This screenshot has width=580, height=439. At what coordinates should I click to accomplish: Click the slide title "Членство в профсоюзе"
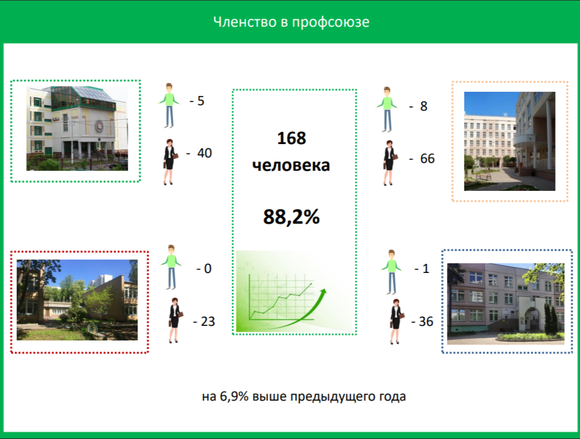click(x=291, y=22)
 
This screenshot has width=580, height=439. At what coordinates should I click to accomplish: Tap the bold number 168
click(x=291, y=138)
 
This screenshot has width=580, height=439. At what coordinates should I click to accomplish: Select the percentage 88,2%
click(x=291, y=216)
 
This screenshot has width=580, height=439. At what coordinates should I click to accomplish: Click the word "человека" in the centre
click(x=291, y=165)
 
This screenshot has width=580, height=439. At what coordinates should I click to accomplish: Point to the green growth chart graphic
click(x=294, y=291)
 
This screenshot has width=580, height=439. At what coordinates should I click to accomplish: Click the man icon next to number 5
click(x=169, y=105)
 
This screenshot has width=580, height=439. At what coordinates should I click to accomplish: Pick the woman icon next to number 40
click(x=170, y=162)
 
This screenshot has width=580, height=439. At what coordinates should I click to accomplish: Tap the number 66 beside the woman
click(x=427, y=159)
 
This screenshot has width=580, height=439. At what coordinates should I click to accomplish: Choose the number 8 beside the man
click(x=424, y=106)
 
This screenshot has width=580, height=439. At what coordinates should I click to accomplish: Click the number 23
click(x=208, y=322)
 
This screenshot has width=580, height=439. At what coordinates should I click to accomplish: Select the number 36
click(x=426, y=322)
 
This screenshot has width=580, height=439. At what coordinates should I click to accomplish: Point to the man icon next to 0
click(x=171, y=267)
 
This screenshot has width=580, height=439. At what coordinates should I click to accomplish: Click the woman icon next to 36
click(x=396, y=322)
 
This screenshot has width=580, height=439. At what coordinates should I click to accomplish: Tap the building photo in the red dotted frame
click(x=77, y=300)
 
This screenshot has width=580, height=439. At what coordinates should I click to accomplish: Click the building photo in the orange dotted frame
click(x=509, y=141)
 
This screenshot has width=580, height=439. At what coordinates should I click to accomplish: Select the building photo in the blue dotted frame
click(x=506, y=303)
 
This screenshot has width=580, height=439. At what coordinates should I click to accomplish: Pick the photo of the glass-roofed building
click(x=77, y=128)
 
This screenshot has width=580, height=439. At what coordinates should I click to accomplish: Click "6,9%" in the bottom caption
click(x=234, y=396)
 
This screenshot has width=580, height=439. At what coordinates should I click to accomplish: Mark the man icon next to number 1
click(x=392, y=272)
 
